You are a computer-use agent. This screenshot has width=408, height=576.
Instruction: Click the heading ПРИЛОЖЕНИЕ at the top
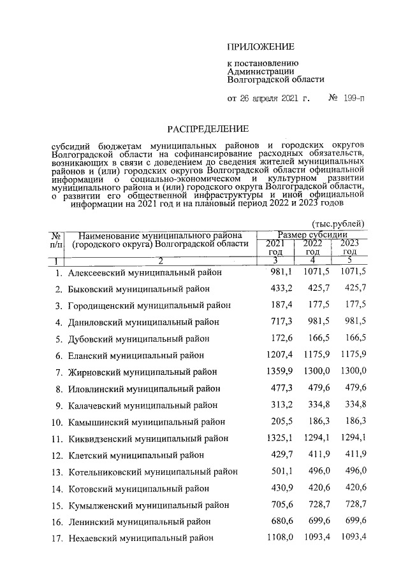(261, 47)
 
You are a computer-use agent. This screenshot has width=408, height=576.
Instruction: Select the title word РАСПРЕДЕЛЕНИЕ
(203, 128)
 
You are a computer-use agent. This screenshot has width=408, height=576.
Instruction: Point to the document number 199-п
(354, 99)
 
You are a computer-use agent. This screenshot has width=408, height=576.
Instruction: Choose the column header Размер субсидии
(312, 235)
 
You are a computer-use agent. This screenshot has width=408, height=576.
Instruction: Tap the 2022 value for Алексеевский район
(315, 272)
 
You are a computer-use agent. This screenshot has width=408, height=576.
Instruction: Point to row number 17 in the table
(56, 538)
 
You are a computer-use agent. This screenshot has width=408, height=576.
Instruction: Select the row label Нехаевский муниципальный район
(141, 538)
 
